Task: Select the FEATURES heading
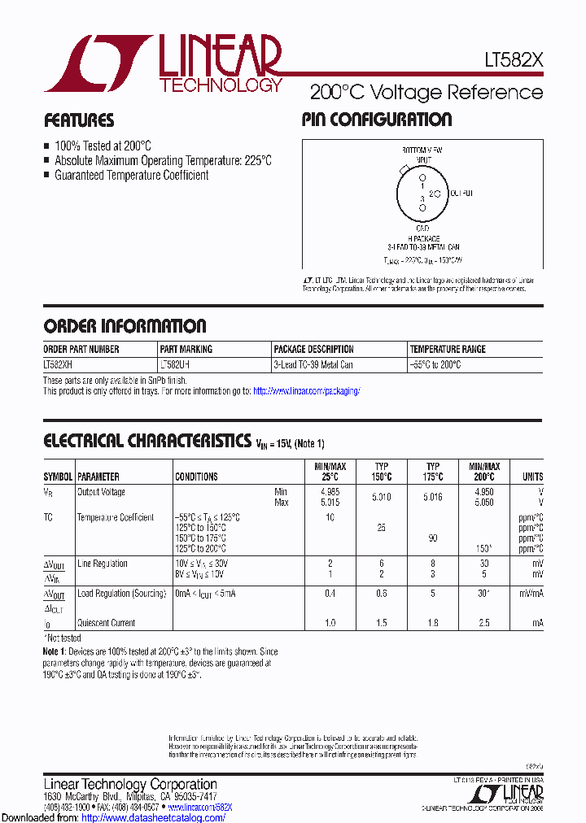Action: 79,120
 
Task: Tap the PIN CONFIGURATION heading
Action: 376,120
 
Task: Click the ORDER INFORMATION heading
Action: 125,326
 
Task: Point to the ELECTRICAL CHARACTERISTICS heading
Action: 146,441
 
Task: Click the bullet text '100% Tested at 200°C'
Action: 103,146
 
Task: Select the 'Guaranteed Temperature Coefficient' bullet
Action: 131,175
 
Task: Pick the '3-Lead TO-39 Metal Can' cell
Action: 313,365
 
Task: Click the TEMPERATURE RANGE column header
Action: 448,349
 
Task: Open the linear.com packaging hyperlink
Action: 306,391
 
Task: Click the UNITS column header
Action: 532,477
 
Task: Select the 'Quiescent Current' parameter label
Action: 106,623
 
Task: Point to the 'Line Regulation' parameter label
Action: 102,564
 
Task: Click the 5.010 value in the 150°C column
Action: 381,497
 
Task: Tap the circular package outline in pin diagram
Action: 422,192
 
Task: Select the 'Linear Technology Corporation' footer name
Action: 129,784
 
